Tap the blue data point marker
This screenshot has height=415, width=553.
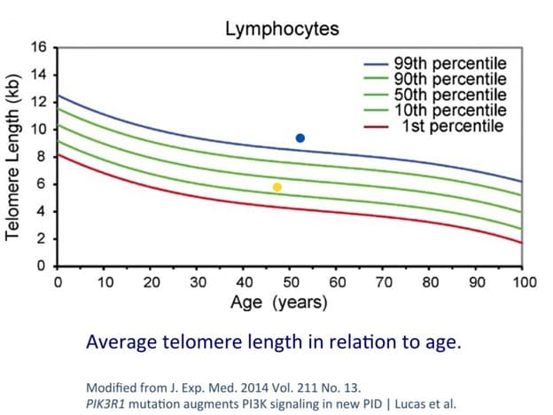[x=300, y=138]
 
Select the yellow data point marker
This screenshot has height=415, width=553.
[x=277, y=187]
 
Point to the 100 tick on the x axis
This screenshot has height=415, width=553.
[x=524, y=283]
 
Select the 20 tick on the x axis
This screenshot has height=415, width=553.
[x=152, y=283]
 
